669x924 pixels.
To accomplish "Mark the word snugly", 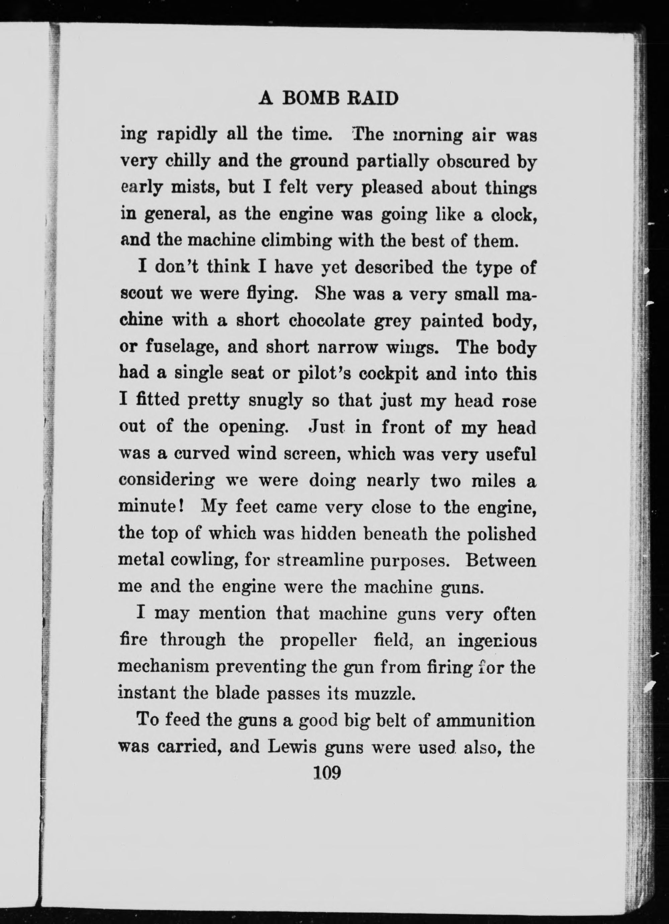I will (275, 400).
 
